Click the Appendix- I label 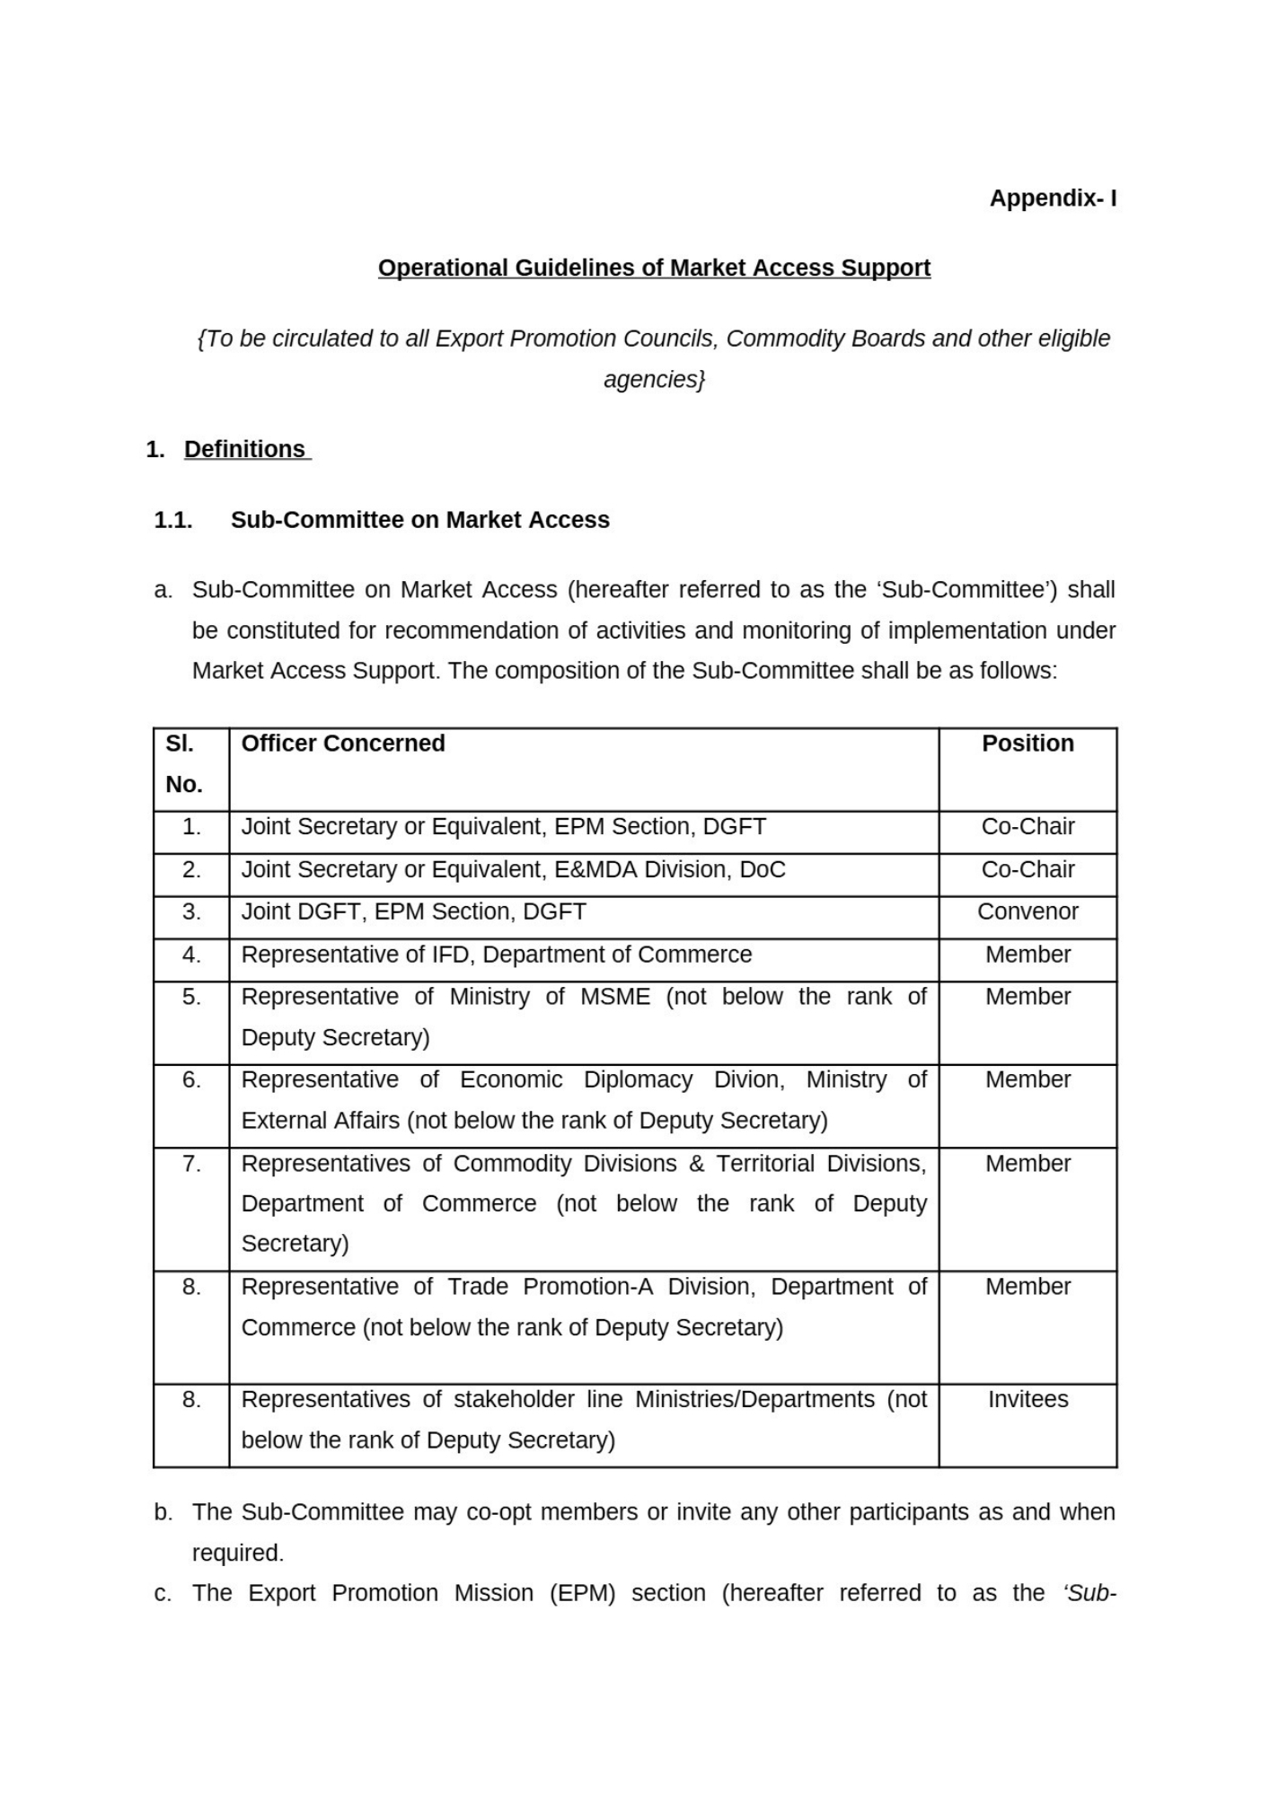point(1053,198)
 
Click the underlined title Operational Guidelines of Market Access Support point(654,268)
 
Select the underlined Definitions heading point(245,449)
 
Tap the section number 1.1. point(173,520)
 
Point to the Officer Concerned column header point(343,744)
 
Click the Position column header point(1027,744)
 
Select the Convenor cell point(1027,911)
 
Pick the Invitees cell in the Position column point(1027,1399)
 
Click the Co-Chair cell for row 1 point(1027,826)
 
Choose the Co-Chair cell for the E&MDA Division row point(1027,869)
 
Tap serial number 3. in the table point(191,911)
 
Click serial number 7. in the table point(191,1164)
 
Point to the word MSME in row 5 point(615,997)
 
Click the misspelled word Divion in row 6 point(749,1079)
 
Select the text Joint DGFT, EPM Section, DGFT point(413,911)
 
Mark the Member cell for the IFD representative point(1027,955)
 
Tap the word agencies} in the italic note point(654,380)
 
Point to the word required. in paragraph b point(238,1553)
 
